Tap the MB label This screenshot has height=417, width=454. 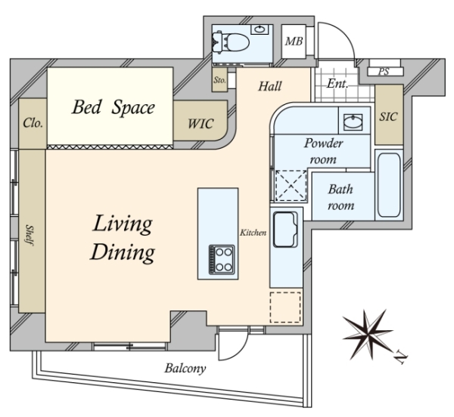click(x=294, y=42)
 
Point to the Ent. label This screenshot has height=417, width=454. click(x=337, y=85)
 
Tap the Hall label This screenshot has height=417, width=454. click(x=269, y=87)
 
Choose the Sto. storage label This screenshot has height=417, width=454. click(x=220, y=79)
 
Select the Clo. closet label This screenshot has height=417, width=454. click(x=33, y=122)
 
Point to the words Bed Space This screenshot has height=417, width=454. click(x=113, y=108)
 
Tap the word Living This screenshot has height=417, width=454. click(x=123, y=224)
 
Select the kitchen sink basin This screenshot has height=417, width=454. click(x=286, y=229)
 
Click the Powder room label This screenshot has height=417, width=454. click(x=324, y=150)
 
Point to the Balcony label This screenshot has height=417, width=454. click(x=185, y=369)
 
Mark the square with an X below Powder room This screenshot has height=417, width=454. click(x=288, y=185)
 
